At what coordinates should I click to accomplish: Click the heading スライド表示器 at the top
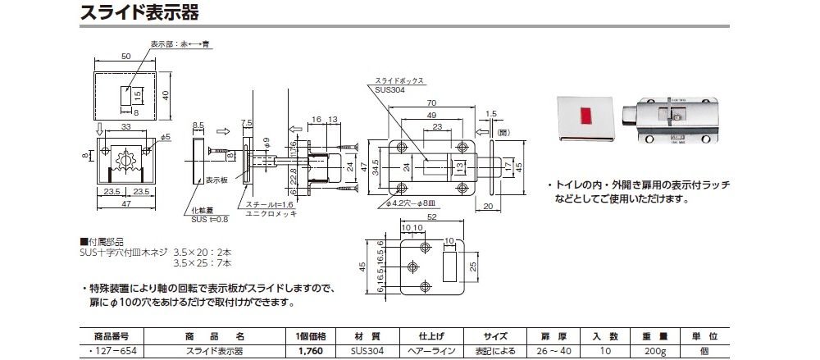(139, 13)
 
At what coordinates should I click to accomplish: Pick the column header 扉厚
(549, 336)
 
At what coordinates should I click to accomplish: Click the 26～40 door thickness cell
(549, 351)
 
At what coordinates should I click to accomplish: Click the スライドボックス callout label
(399, 81)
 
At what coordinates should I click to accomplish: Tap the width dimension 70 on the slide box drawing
(430, 103)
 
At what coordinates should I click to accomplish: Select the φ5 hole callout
(165, 136)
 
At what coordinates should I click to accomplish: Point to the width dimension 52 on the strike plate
(431, 218)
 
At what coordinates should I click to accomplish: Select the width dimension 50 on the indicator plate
(125, 57)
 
